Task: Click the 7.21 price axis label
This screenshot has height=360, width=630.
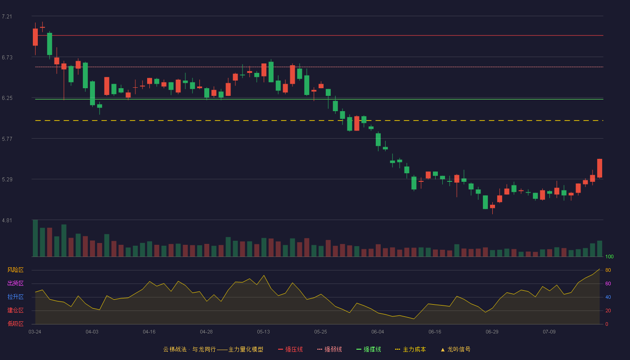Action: coord(7,17)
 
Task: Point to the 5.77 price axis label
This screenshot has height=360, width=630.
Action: coord(7,139)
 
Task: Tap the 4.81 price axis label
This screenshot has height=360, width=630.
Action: coord(7,220)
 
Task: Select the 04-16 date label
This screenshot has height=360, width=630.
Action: coord(149,332)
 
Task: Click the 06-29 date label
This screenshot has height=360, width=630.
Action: coord(492,332)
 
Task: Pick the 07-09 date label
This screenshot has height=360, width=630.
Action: coord(549,332)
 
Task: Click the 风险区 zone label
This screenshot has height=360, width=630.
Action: coord(15,270)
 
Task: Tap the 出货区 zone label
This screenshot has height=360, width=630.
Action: coord(15,283)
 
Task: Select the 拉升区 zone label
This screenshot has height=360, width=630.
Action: coord(15,297)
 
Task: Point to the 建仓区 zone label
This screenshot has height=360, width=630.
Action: coord(15,310)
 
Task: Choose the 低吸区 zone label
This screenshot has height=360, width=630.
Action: coord(15,324)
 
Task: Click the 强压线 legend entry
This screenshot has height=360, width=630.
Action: coord(290,349)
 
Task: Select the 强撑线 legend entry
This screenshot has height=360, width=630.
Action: coord(369,349)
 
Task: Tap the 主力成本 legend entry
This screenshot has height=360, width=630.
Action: coord(410,349)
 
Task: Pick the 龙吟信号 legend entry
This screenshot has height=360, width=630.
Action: coord(455,349)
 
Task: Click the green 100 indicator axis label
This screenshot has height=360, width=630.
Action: coord(609,256)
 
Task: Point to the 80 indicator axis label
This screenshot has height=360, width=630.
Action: coord(608,270)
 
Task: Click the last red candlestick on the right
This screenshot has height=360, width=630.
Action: coord(599,168)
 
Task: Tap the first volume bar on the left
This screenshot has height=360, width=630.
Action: coord(35,238)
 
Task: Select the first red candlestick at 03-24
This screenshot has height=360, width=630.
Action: coord(35,37)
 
